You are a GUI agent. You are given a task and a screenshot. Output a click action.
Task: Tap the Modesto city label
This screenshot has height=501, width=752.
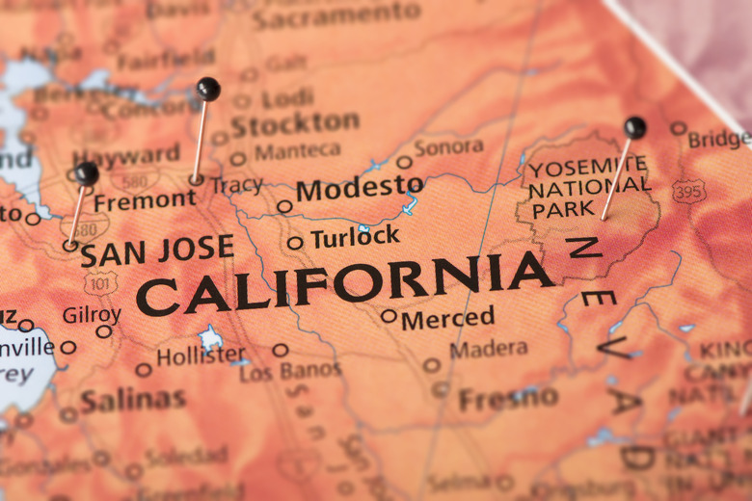(360, 188)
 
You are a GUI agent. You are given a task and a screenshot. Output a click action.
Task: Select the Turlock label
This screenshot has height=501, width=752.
(355, 237)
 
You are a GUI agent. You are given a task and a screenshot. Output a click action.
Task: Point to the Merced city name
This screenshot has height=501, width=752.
(448, 318)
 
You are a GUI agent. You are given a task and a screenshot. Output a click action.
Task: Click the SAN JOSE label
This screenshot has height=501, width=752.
(156, 250)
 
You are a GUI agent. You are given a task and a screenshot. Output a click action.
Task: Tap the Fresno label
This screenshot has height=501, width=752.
(508, 398)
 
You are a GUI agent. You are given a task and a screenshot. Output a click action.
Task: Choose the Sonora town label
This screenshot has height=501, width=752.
(448, 147)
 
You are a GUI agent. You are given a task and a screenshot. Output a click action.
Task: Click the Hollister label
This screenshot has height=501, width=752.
(201, 356)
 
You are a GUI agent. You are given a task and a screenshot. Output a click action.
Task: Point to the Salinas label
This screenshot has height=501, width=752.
(133, 400)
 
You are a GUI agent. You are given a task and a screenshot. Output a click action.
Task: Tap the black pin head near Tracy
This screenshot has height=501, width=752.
(207, 89)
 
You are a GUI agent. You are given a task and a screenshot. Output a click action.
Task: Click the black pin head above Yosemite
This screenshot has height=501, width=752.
(634, 127)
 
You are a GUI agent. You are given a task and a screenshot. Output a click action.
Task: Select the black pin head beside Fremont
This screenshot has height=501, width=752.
(87, 173)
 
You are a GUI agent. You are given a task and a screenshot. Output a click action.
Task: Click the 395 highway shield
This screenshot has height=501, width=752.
(688, 192)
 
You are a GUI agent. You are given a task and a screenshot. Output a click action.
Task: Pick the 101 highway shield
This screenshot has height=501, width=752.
(100, 282)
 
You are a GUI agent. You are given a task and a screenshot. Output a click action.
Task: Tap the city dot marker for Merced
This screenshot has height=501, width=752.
(389, 315)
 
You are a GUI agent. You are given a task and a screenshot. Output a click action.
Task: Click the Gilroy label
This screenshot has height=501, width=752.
(92, 315)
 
